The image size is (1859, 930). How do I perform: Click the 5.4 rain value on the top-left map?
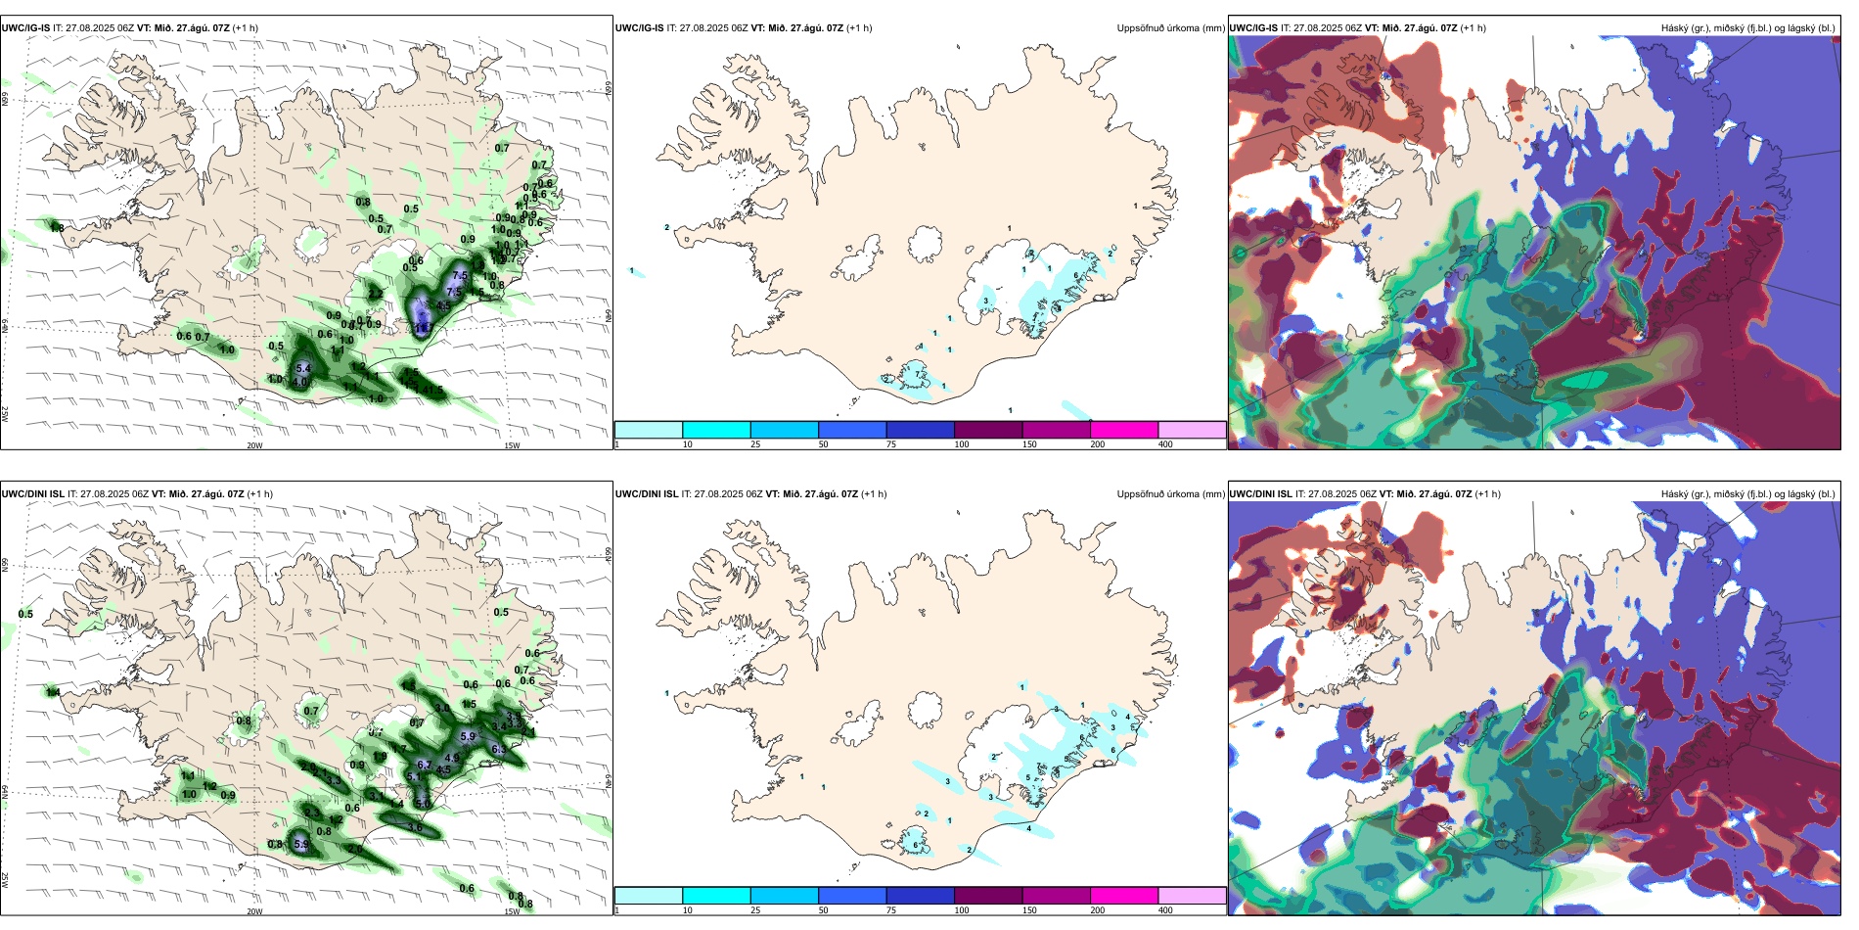pos(303,369)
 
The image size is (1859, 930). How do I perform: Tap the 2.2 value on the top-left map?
pos(376,294)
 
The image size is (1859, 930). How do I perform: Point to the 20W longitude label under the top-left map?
pos(254,445)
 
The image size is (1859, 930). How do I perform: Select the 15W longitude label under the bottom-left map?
pos(512,911)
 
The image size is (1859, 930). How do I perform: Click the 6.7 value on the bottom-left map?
pos(425,765)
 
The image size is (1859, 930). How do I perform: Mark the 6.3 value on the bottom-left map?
pos(499,749)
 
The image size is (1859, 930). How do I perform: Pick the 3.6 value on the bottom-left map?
pos(415,828)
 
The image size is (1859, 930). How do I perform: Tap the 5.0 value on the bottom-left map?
pos(423,803)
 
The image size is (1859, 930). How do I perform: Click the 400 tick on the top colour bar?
pos(1165,444)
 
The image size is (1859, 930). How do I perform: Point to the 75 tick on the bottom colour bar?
pos(891,910)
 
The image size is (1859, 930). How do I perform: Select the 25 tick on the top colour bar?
pos(755,444)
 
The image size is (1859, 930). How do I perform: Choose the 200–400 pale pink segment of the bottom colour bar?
pos(1192,896)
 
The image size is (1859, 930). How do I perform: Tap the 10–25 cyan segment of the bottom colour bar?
pos(716,896)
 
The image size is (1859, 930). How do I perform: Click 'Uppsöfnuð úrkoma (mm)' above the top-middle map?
pos(1170,28)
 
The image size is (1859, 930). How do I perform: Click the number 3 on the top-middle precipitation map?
pos(986,301)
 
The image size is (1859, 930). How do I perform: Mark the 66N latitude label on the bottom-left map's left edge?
pos(5,565)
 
